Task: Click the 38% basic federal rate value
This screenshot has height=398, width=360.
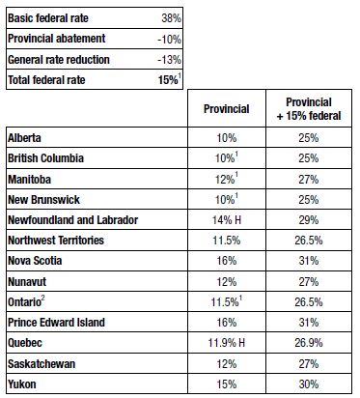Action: tap(171, 18)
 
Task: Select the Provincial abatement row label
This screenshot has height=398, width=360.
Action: tap(57, 39)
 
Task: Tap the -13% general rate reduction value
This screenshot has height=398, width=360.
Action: tap(169, 60)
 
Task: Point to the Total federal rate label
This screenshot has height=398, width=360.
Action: tap(46, 80)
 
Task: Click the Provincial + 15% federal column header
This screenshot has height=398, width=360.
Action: tap(309, 109)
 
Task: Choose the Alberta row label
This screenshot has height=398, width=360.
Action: tap(24, 138)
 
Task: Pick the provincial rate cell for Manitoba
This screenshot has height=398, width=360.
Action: tap(227, 179)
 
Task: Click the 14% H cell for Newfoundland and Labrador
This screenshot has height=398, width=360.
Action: tap(227, 220)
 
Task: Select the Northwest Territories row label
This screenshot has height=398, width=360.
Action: tap(56, 241)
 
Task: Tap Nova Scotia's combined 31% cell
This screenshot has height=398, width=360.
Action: tap(309, 261)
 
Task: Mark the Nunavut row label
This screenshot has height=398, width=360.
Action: tap(27, 282)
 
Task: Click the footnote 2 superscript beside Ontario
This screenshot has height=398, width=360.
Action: tap(42, 298)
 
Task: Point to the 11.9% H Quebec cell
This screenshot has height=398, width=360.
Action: tap(227, 343)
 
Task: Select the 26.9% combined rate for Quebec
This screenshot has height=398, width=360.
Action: tap(309, 343)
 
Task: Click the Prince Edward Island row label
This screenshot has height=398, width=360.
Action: tap(57, 323)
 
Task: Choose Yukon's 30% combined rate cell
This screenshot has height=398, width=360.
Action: tap(309, 384)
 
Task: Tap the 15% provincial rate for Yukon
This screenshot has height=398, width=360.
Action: tap(227, 384)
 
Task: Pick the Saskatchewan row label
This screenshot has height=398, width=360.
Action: tap(42, 364)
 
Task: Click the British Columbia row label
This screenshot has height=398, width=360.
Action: tap(45, 158)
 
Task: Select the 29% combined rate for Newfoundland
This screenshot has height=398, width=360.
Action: tap(309, 220)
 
